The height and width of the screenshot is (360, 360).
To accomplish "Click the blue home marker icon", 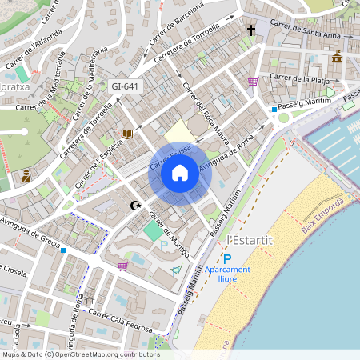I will [179, 173].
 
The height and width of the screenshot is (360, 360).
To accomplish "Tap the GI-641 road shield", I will [126, 86].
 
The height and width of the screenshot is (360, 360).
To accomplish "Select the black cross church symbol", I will [250, 30].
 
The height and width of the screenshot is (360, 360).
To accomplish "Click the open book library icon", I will [126, 134].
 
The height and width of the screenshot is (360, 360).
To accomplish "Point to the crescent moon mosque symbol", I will [136, 206].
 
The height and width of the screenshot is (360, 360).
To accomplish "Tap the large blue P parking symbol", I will [227, 258].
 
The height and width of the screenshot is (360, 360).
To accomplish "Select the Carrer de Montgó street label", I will [170, 232].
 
